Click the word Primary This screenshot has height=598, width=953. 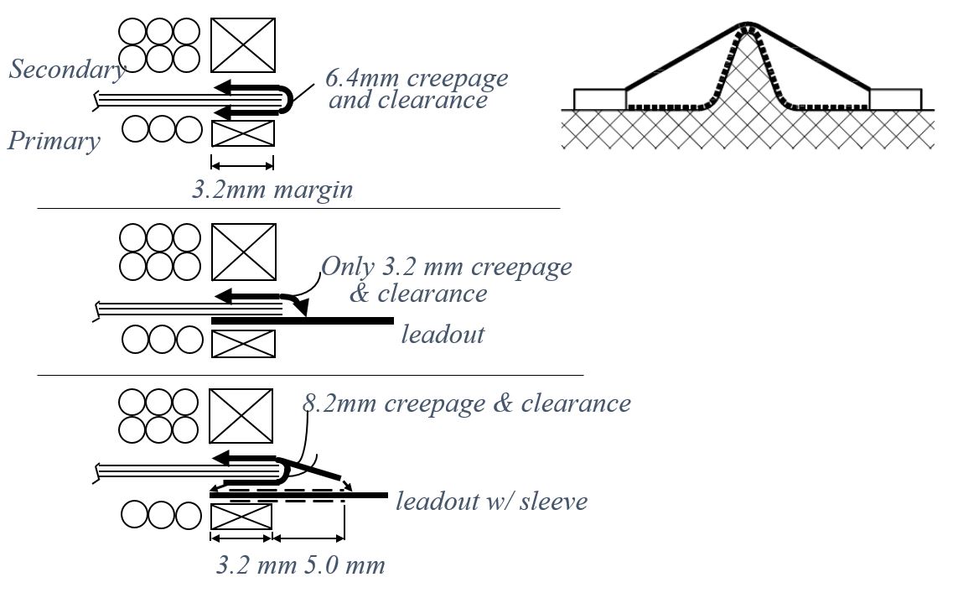pos(54,140)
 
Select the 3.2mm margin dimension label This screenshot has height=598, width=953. pos(272,190)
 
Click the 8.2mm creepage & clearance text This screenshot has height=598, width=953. pos(466,403)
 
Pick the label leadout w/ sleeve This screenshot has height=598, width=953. pos(491,502)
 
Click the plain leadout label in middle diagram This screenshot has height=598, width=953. pos(443,334)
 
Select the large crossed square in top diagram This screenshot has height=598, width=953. pos(242,45)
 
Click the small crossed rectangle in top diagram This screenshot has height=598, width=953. pos(242,133)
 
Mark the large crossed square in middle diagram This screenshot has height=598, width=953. pos(243,252)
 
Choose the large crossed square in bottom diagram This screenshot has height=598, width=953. pos(241,416)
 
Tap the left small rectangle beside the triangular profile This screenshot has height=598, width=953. pos(599,99)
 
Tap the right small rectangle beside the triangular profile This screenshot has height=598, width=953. pos(895,99)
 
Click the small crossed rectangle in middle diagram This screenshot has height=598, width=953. pos(243,343)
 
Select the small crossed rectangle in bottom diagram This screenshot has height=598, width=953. pos(241,516)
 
